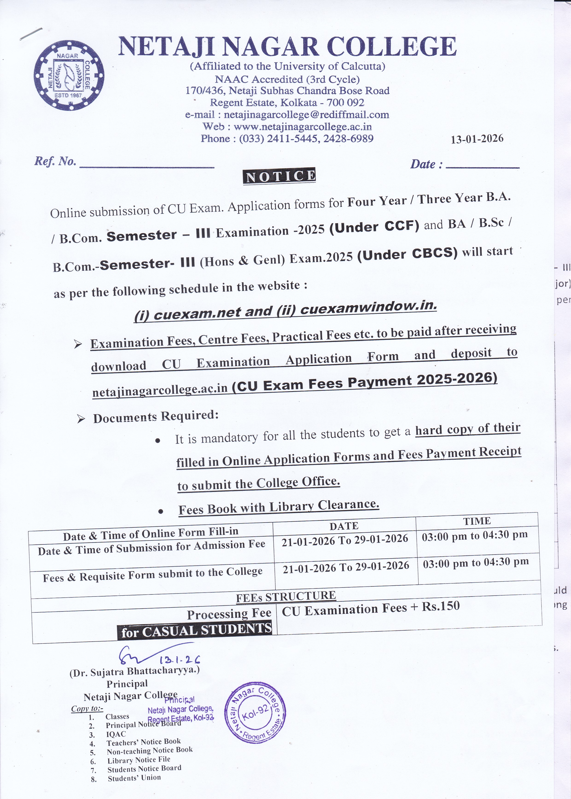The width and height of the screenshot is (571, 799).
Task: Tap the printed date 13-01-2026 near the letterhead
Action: pyautogui.click(x=477, y=139)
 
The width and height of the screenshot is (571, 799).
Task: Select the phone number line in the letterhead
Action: pyautogui.click(x=287, y=139)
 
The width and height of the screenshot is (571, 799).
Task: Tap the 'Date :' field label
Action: pyautogui.click(x=426, y=164)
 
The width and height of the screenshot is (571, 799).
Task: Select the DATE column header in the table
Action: pyautogui.click(x=344, y=526)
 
